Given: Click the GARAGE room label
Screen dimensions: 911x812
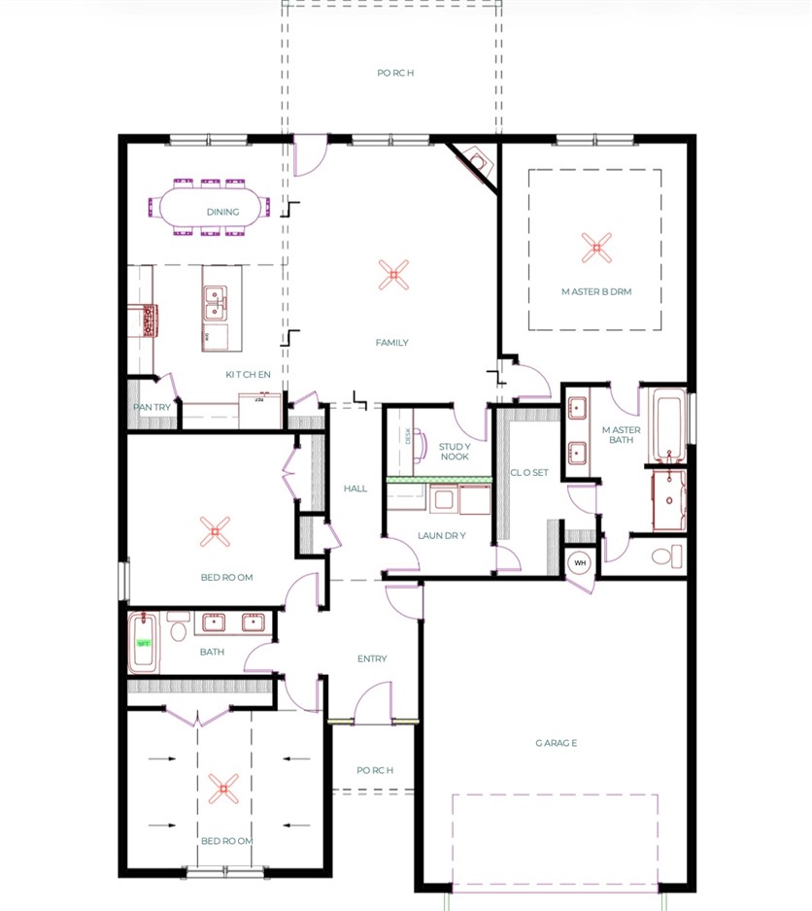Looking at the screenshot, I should click(x=556, y=743).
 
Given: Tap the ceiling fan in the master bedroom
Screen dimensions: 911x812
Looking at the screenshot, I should click(x=596, y=248).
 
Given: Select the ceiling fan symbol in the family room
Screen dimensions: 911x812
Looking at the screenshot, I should click(x=392, y=275).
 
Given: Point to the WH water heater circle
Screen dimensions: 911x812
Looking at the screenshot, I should click(x=580, y=562).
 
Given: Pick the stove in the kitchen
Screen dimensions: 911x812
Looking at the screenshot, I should click(x=148, y=320).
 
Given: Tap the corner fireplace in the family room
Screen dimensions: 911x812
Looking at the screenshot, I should click(x=475, y=159).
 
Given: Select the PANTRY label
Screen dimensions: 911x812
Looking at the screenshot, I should click(x=152, y=407).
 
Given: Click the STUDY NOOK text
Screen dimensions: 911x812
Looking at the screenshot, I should click(x=455, y=451).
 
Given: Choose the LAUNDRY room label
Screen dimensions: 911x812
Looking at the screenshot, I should click(x=443, y=535).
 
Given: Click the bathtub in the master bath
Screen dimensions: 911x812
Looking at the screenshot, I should click(x=667, y=425).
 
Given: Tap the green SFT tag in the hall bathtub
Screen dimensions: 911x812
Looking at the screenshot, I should click(x=143, y=643).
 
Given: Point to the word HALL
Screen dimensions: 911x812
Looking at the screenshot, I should click(x=355, y=489).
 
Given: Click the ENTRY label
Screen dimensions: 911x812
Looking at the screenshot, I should click(x=372, y=658).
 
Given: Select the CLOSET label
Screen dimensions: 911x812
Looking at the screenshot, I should click(x=529, y=473).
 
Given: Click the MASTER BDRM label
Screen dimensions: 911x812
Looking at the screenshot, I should click(x=596, y=291).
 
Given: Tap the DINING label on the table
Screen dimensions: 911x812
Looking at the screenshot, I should click(x=222, y=211).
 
